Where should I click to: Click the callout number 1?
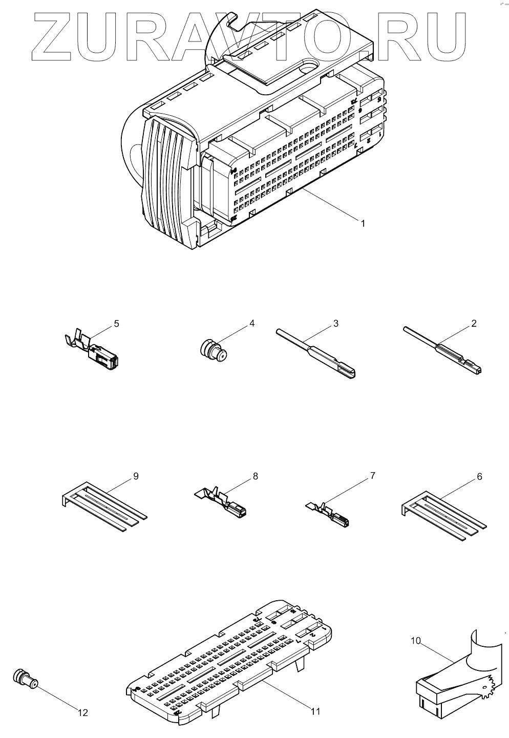(x=363, y=223)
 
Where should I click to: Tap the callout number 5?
(x=116, y=324)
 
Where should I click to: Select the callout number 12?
(x=82, y=712)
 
